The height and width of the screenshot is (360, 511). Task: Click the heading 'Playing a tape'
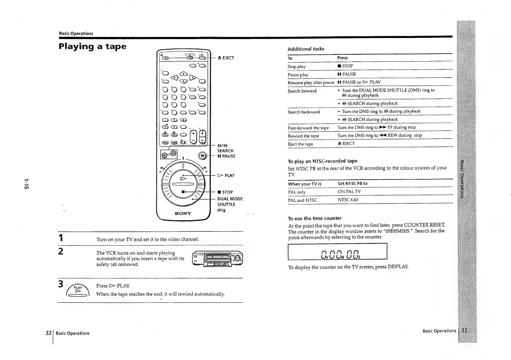pyautogui.click(x=92, y=46)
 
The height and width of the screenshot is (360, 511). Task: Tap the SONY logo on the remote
pyautogui.click(x=183, y=213)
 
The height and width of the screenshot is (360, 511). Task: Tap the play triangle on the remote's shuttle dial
pyautogui.click(x=184, y=178)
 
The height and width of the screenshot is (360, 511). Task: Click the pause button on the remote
pyautogui.click(x=202, y=155)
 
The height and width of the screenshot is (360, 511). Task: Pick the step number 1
pyautogui.click(x=61, y=238)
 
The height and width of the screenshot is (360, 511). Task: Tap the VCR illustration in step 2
pyautogui.click(x=217, y=258)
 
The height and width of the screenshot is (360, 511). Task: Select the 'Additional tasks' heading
pyautogui.click(x=306, y=49)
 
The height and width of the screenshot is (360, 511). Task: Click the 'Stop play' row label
pyautogui.click(x=296, y=67)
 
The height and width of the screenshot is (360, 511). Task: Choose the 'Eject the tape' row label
pyautogui.click(x=300, y=144)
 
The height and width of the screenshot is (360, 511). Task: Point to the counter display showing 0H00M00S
pyautogui.click(x=337, y=251)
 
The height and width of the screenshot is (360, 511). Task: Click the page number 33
pyautogui.click(x=465, y=331)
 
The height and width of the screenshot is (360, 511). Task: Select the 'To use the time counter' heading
pyautogui.click(x=315, y=218)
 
